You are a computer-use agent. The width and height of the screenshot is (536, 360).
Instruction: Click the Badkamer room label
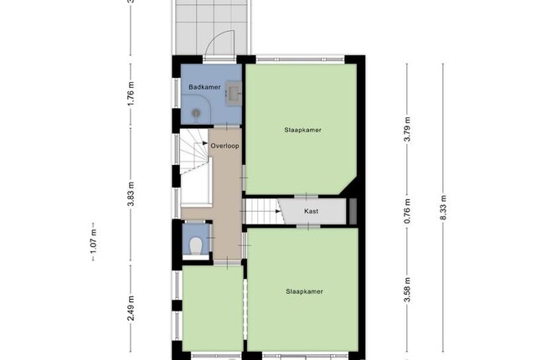[204, 87]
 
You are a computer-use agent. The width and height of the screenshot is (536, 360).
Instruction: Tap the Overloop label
[224, 146]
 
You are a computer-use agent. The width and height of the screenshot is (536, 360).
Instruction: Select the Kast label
[311, 212]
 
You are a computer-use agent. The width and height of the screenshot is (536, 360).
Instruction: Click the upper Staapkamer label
[303, 130]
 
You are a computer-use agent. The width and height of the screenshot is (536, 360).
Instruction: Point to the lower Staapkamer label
[305, 291]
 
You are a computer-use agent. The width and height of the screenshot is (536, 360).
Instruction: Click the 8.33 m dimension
[443, 208]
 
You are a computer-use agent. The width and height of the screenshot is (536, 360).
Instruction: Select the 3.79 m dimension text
[407, 129]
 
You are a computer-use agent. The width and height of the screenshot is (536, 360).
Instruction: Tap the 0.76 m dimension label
[407, 212]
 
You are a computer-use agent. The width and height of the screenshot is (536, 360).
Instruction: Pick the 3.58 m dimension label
[407, 290]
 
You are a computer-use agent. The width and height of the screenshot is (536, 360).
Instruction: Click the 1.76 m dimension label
[131, 94]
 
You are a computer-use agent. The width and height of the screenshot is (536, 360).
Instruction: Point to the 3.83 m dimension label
[131, 194]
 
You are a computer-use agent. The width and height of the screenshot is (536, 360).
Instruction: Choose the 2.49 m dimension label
[131, 309]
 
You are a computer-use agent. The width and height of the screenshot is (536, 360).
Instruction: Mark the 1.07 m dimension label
[93, 241]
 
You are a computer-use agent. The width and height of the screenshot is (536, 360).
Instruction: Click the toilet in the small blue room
[196, 245]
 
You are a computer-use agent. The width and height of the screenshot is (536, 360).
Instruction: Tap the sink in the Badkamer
[234, 93]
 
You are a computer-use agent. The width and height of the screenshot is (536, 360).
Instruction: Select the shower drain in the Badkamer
[196, 112]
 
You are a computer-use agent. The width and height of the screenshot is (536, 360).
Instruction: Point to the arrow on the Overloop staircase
[205, 143]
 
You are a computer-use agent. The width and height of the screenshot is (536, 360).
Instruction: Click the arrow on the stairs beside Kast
[278, 212]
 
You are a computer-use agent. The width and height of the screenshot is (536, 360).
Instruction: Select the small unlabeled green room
[213, 308]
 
